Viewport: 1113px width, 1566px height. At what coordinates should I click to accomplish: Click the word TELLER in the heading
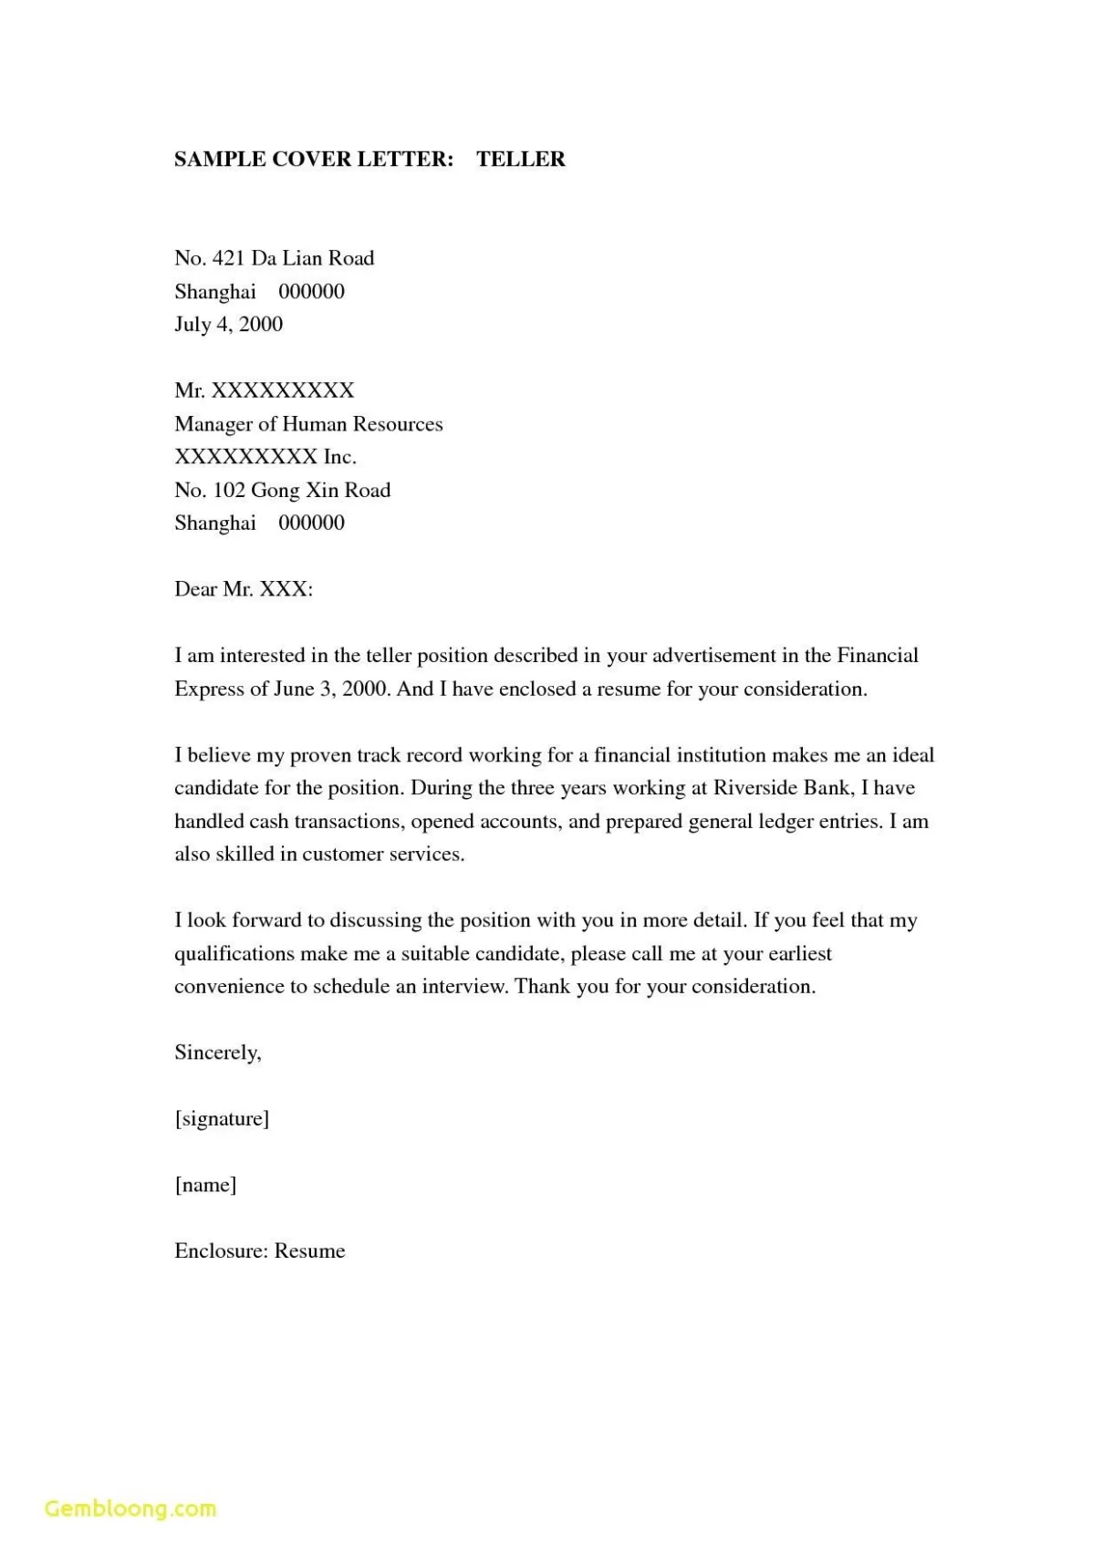(520, 159)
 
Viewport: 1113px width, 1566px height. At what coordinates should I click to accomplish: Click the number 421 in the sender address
(228, 258)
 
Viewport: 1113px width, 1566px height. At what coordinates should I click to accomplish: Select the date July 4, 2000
(229, 325)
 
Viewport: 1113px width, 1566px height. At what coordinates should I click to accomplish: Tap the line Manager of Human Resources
(308, 424)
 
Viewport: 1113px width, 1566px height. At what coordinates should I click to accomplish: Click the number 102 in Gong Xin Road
(229, 491)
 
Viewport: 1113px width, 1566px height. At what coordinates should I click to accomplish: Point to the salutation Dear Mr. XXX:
(244, 589)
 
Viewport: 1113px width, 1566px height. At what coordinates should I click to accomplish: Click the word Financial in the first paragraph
(877, 656)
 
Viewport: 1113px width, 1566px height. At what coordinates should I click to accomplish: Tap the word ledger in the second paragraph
(785, 821)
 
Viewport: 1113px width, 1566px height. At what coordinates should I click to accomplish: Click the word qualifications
(234, 954)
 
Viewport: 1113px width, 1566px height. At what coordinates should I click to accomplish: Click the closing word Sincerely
(217, 1053)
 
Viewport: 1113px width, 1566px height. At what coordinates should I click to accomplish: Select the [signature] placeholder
(222, 1119)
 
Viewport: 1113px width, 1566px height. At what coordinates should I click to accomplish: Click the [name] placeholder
(205, 1185)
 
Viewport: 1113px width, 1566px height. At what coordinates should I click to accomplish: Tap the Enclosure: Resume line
(260, 1251)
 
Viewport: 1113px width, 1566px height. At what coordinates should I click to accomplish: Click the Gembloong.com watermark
(130, 1509)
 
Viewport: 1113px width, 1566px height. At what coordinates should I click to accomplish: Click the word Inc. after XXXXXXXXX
(339, 457)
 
